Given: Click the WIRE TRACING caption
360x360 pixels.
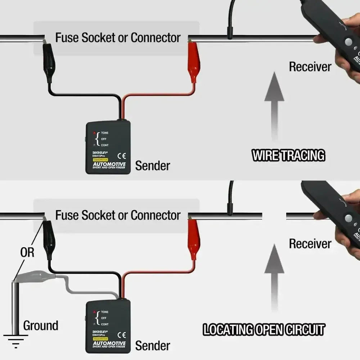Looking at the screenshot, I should pos(288,156).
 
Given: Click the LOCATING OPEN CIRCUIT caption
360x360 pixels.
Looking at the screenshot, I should pos(264,330).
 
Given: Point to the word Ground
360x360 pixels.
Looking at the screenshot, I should pos(41,326).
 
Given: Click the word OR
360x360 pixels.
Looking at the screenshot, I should pos(27,252).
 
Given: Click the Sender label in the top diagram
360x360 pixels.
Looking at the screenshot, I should pos(152,166).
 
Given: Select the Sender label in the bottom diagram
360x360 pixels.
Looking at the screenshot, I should pos(152,346).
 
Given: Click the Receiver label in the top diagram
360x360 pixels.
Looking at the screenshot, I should pos(310,67).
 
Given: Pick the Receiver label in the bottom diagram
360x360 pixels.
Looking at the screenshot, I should pos(310,244).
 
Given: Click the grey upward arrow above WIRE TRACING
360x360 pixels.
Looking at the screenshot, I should pos(275,104).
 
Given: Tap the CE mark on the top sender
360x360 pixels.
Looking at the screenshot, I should pos(122,156).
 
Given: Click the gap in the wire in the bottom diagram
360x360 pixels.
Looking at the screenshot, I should pos(274,216).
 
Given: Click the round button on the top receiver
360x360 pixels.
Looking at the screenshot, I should pos(348,42).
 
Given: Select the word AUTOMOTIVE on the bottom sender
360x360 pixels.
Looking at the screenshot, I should pos(109,344).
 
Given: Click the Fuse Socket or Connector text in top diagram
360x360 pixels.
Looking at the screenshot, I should pos(118,37).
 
